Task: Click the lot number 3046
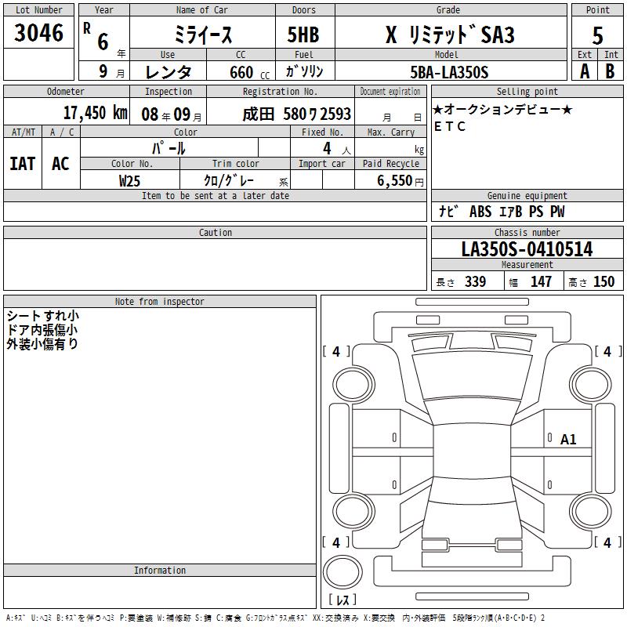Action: [x=38, y=32]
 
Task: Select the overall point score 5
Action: [x=597, y=35]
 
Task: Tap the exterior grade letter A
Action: [x=585, y=71]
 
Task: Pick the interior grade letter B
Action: [x=610, y=71]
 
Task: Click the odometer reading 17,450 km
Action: [x=96, y=113]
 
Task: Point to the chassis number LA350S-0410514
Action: [x=527, y=249]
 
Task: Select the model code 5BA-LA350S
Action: [x=449, y=72]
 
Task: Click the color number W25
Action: [x=129, y=181]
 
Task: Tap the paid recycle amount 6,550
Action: [x=394, y=180]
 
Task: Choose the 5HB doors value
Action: [x=303, y=34]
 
